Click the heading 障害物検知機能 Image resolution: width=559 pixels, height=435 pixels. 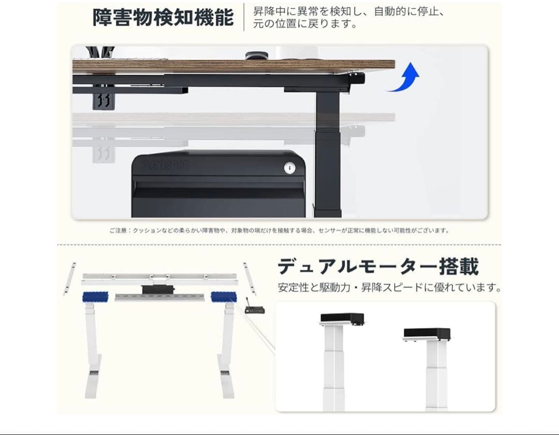click(163, 17)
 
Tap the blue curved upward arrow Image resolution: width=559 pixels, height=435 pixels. click(405, 78)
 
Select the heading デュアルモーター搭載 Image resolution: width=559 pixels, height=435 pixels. click(378, 266)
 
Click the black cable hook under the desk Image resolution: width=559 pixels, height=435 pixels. click(104, 100)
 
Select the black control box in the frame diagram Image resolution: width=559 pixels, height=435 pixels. click(156, 288)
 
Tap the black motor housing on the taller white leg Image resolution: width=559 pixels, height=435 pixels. click(342, 318)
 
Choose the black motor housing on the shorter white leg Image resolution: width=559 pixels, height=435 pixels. click(426, 334)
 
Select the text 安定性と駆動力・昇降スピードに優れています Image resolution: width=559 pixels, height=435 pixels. click(389, 287)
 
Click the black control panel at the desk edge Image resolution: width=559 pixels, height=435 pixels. click(357, 78)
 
